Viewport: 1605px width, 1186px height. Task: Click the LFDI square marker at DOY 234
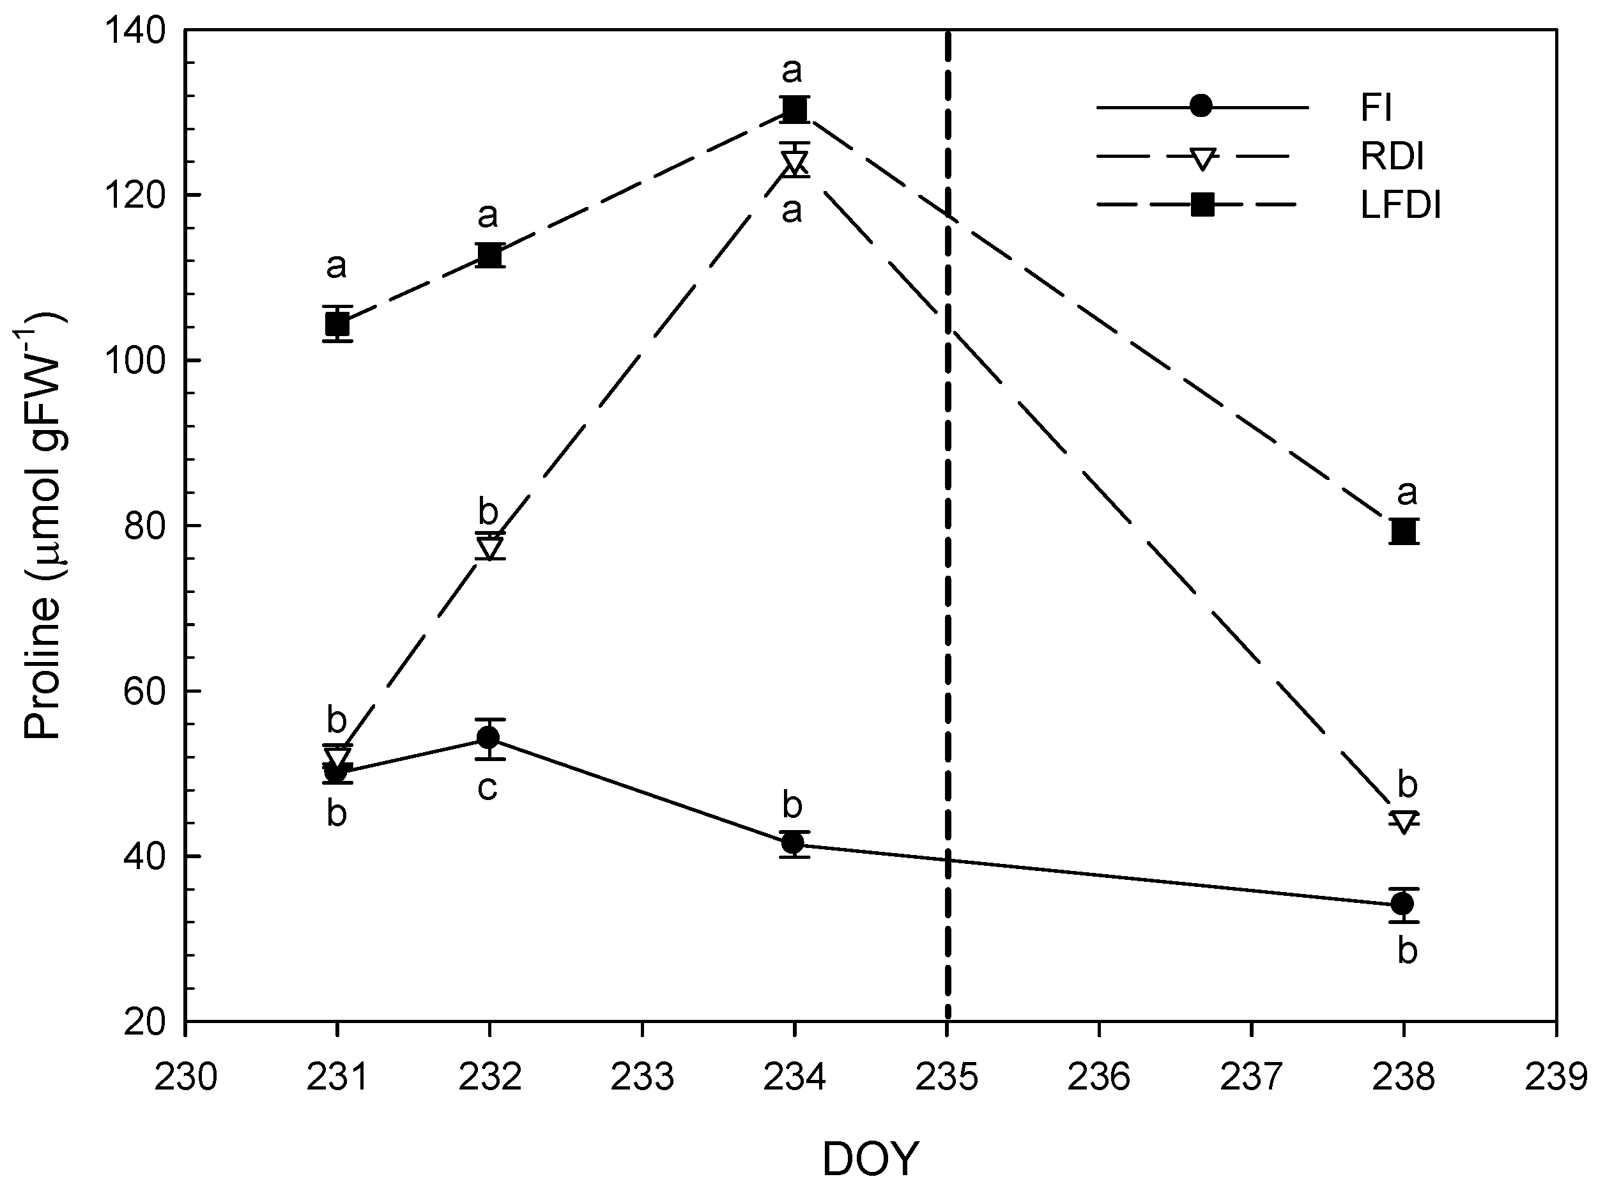[x=794, y=109]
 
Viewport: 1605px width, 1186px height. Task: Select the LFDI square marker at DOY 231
[x=337, y=325]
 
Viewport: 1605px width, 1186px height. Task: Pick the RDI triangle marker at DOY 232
[x=489, y=547]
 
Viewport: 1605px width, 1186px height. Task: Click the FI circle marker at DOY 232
[x=489, y=738]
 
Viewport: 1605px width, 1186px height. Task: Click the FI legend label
[x=1376, y=108]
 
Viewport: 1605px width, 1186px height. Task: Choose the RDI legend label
[x=1392, y=157]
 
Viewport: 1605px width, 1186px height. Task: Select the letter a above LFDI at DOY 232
[x=488, y=215]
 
